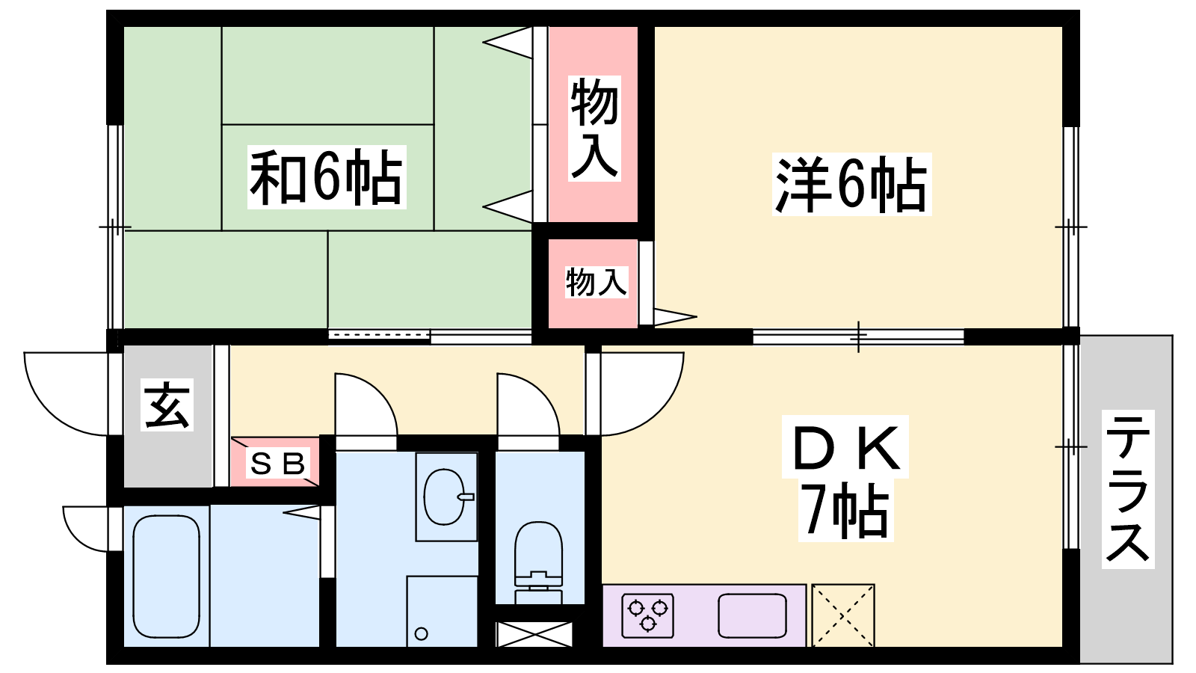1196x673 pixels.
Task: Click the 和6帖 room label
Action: coord(327,177)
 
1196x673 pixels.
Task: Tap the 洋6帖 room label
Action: coord(851,184)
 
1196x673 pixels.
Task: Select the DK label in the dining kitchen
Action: coord(845,447)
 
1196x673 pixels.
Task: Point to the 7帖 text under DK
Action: coord(845,511)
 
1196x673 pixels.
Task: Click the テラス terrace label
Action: coord(1127,489)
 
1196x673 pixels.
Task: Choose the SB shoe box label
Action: coord(278,464)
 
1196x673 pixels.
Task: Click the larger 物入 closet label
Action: coord(594,127)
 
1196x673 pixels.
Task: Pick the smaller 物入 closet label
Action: coord(596,282)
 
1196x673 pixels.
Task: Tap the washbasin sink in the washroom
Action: coord(446,496)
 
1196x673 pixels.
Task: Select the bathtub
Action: coord(166,575)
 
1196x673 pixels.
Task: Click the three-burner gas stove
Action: coord(648,615)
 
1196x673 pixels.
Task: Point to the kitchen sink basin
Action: coord(752,615)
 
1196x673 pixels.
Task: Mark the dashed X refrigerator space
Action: coord(843,615)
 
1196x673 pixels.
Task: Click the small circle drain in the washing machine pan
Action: coord(421,634)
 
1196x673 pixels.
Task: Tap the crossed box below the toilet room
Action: coord(534,633)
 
